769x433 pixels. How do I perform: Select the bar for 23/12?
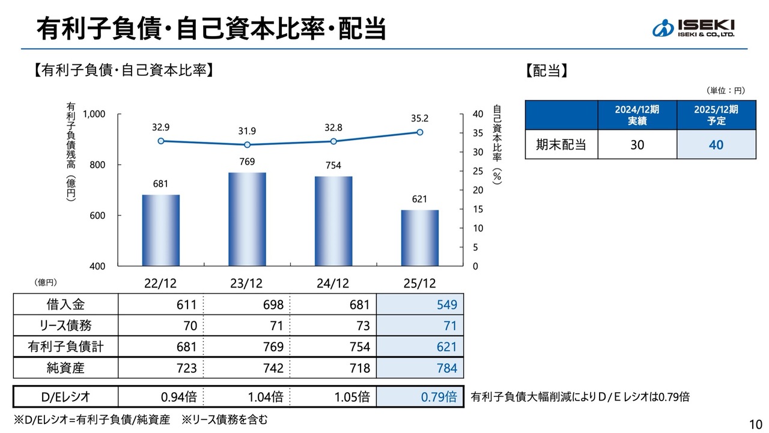tap(247, 219)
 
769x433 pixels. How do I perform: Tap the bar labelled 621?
tap(419, 238)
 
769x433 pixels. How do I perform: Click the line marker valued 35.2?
tap(419, 132)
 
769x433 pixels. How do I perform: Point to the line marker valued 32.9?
tap(161, 141)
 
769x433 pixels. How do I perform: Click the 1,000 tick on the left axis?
tap(94, 114)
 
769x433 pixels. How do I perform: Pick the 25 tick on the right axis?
tap(478, 171)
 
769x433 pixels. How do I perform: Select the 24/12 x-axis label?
tap(333, 283)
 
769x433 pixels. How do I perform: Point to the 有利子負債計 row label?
tap(65, 347)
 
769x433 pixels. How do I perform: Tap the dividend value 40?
tap(716, 145)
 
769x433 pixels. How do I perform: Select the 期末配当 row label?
tap(561, 145)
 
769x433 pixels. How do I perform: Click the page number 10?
tap(755, 423)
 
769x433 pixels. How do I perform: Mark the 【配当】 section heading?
tap(547, 71)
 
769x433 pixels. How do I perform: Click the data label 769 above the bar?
tap(247, 161)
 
